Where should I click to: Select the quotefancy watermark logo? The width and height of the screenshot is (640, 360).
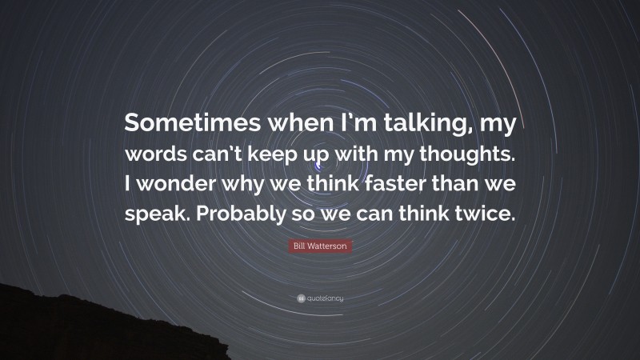[320, 298]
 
